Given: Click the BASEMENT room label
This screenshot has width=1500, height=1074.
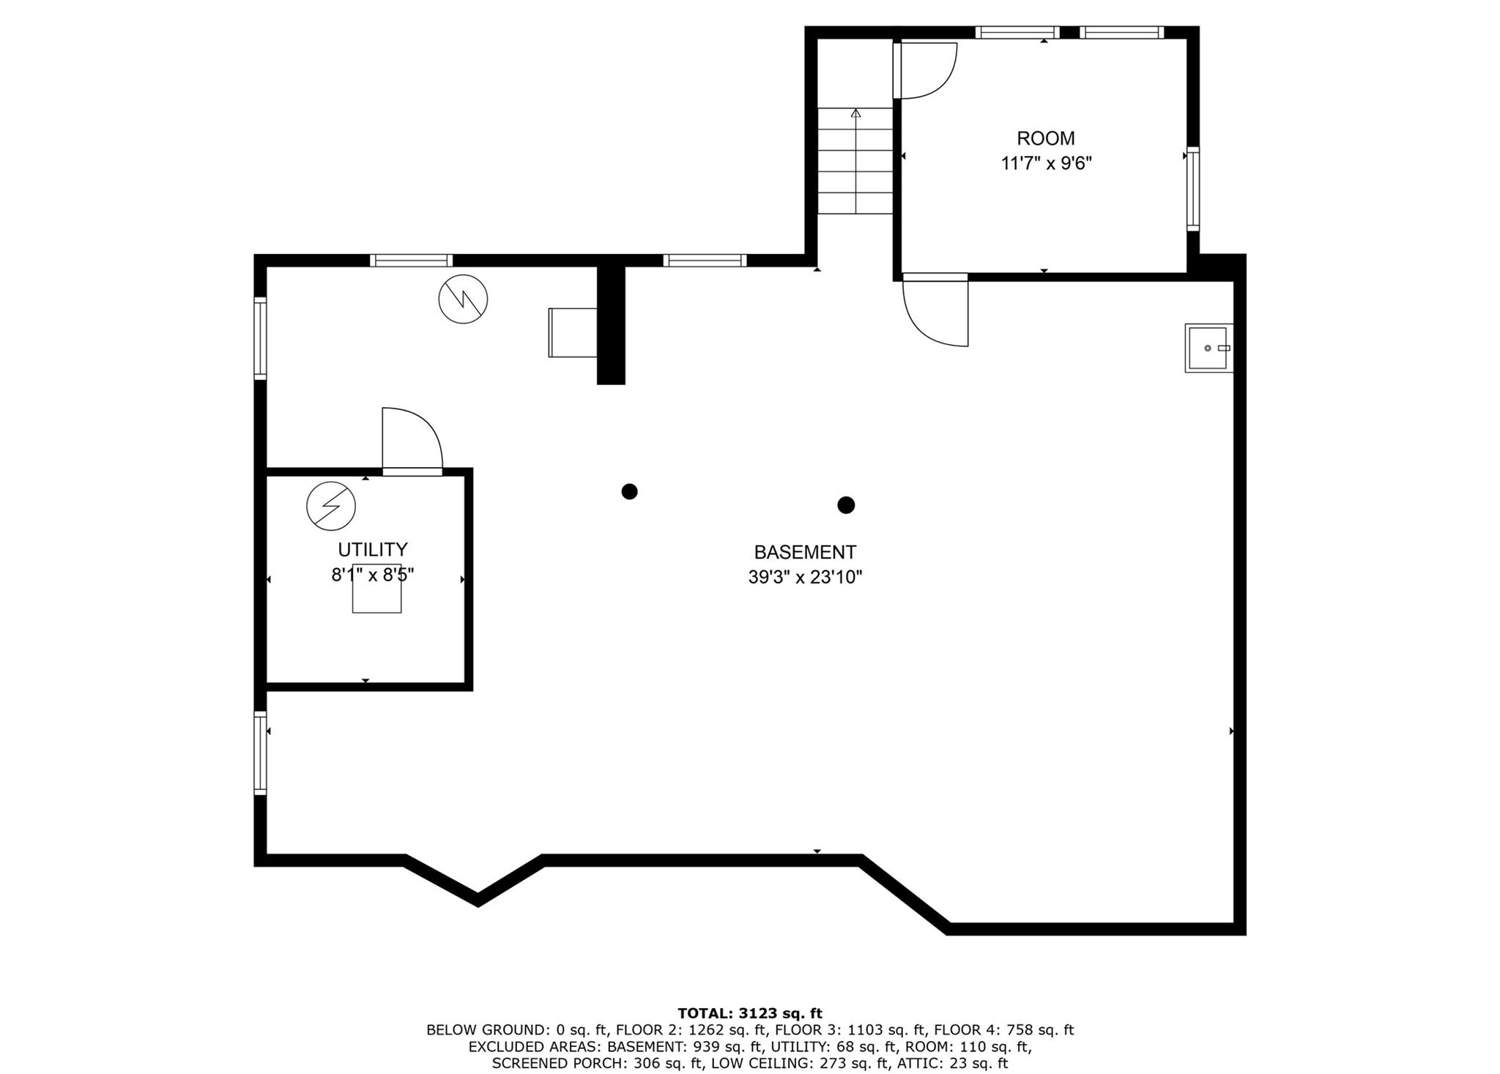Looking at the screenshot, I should [805, 552].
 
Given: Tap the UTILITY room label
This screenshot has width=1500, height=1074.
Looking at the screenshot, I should [372, 549].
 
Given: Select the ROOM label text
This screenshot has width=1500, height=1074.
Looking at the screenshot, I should [1045, 138].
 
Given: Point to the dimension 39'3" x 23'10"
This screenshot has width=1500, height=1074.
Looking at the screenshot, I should [805, 578].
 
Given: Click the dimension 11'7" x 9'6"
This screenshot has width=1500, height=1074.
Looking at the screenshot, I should [1046, 163].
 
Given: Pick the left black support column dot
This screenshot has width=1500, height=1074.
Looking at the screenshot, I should [629, 491].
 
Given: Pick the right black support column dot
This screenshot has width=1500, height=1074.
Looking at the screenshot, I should [846, 504].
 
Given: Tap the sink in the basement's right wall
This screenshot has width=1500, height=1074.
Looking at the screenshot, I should [1208, 348].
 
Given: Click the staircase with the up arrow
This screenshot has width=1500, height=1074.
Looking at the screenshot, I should [855, 161].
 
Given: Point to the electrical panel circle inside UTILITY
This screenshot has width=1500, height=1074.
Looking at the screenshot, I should [331, 506].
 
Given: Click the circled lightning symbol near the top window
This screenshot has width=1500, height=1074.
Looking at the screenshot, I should [463, 299].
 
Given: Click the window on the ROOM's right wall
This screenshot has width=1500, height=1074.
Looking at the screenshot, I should [1192, 189].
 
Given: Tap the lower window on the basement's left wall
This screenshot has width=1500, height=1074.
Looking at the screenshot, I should [260, 753].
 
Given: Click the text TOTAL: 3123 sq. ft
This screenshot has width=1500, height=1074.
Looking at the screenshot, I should [750, 1013].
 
